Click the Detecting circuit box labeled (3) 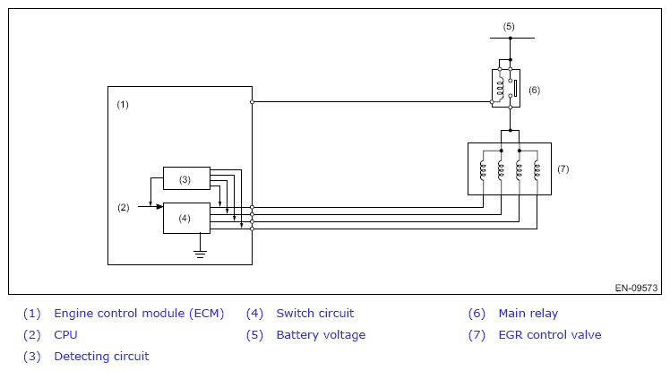pos(185,178)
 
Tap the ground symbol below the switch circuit pos(201,254)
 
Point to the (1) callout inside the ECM pos(124,105)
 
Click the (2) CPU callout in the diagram pos(124,207)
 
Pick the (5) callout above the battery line pos(509,26)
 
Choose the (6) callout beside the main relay pos(534,90)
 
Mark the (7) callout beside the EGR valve pos(563,168)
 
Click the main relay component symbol pos(503,87)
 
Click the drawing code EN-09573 pos(636,289)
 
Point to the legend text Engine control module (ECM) pos(139,314)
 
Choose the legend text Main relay pos(528,314)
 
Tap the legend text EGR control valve pos(549,335)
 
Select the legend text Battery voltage pos(321,335)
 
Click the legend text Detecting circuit pos(101,357)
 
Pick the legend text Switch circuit pos(314,314)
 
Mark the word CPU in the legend pos(65,335)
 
